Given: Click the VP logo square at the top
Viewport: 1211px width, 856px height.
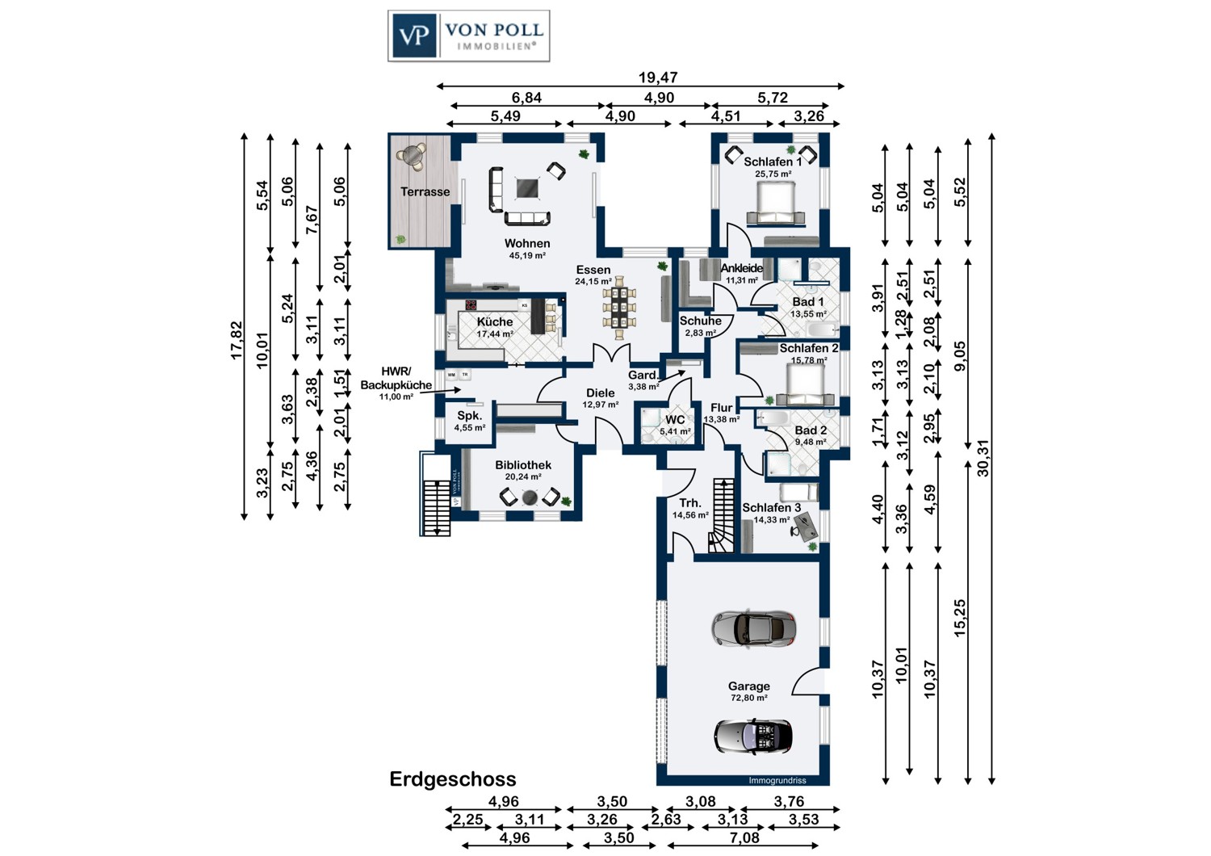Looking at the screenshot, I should [x=414, y=36].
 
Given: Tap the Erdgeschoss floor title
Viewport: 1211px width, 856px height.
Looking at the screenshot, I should [x=453, y=779].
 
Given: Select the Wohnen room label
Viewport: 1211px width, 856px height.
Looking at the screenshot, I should [x=527, y=243].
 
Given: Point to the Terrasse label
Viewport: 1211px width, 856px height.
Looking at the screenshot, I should [x=425, y=191].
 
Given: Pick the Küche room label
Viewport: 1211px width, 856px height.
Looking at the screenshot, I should [x=495, y=321].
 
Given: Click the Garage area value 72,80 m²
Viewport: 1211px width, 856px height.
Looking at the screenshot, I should [x=749, y=698].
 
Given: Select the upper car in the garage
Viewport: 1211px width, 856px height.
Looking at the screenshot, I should [x=754, y=627].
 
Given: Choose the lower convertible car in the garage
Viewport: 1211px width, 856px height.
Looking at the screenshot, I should [x=753, y=736].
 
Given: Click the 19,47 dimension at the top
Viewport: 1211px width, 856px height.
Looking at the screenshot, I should [x=658, y=78].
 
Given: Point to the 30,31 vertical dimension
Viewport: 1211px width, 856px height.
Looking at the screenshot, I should [x=983, y=458].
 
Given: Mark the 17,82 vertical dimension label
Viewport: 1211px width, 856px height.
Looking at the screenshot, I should [x=237, y=340].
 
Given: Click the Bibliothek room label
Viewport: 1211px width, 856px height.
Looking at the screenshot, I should [x=523, y=465].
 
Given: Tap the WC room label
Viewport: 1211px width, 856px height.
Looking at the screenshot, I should [x=675, y=420].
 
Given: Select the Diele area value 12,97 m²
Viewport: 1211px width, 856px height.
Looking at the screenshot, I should [x=601, y=404].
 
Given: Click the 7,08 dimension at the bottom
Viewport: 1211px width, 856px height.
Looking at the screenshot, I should [x=744, y=837].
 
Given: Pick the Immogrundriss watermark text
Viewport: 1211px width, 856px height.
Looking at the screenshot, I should [x=777, y=780].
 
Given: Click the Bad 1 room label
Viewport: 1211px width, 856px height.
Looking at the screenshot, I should [x=808, y=302].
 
